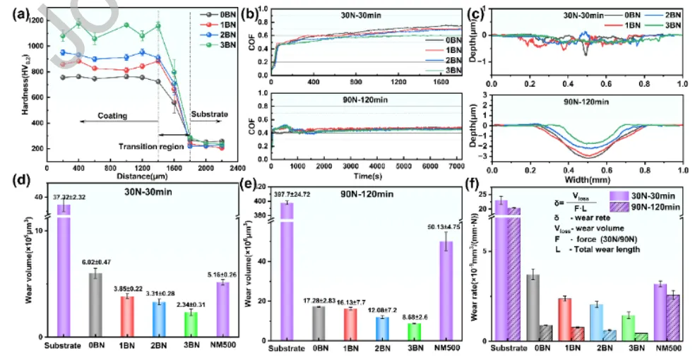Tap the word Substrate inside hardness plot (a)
(210, 112)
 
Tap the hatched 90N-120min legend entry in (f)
(648, 207)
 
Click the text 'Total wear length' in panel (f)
(609, 249)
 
